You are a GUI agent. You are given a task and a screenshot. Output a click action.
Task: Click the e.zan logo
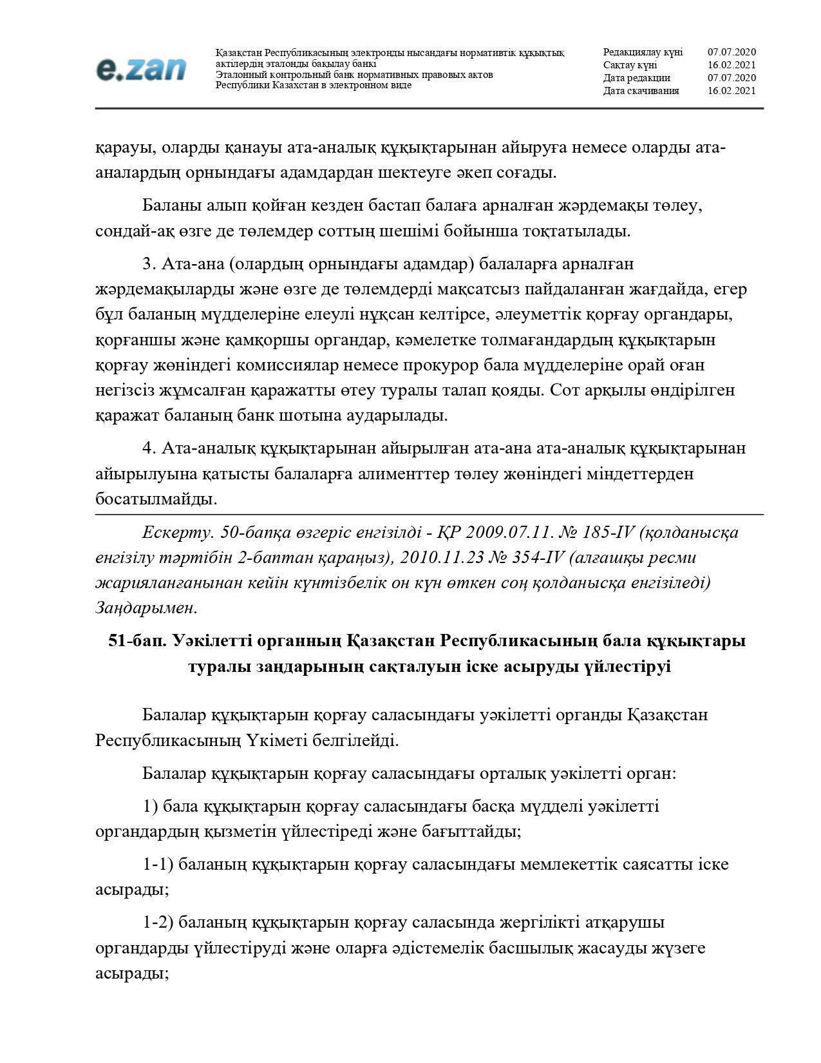click(141, 69)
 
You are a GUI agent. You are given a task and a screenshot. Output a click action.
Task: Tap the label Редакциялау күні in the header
click(642, 52)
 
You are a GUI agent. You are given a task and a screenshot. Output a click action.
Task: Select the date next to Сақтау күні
click(731, 65)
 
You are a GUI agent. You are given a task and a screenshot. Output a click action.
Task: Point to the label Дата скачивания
click(641, 91)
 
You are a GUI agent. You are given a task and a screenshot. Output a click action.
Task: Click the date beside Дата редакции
click(731, 78)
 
